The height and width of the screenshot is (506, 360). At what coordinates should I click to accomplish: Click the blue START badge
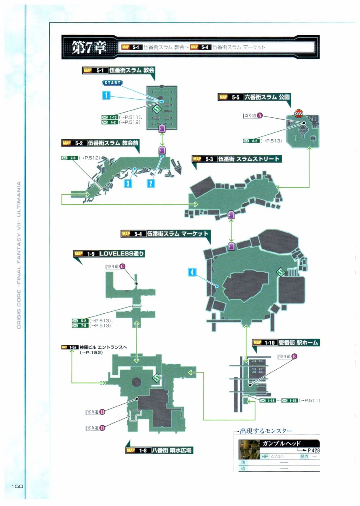point(112,83)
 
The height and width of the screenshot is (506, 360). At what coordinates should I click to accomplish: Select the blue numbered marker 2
point(150,183)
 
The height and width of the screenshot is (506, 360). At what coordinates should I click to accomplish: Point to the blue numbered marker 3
point(127,183)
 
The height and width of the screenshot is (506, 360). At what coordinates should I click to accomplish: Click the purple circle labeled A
point(260,115)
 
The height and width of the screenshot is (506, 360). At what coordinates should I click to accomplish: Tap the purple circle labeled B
point(102,412)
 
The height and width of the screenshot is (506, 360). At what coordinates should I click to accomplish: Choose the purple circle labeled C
point(122,266)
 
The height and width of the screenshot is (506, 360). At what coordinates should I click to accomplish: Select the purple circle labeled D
point(102,428)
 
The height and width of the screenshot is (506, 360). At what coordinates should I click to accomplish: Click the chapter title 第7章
point(89,47)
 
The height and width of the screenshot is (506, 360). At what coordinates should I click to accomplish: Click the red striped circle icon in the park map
point(299,113)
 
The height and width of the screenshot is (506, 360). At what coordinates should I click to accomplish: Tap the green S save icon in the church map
point(157,109)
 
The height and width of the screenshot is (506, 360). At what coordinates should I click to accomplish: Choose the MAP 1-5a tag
point(70,347)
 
